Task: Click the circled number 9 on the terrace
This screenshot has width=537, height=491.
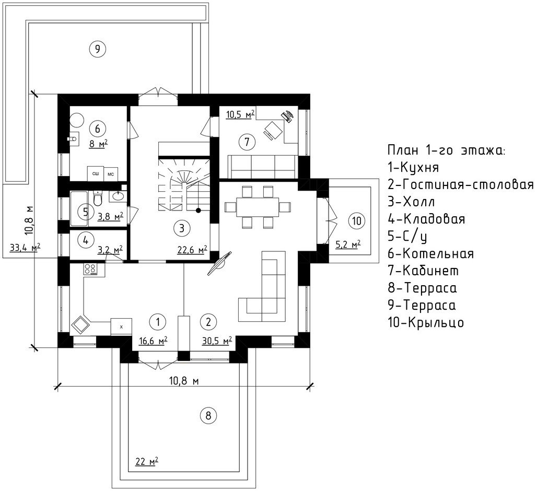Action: (x=97, y=49)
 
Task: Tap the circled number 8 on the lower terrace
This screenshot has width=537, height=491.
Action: (x=208, y=416)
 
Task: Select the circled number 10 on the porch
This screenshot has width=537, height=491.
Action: (x=356, y=220)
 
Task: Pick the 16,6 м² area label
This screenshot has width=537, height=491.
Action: (x=153, y=341)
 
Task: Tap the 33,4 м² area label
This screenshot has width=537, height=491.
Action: (x=25, y=247)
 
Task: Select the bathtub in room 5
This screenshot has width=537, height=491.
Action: (x=79, y=209)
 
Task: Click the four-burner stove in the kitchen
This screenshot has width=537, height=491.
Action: (x=90, y=268)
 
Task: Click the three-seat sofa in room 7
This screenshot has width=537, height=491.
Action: (x=263, y=167)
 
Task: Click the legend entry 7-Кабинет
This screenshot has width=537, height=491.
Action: (x=423, y=271)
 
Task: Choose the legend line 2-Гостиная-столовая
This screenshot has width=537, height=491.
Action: (x=461, y=184)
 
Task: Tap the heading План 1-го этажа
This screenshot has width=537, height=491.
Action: (x=446, y=150)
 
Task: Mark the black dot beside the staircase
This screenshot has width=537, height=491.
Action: (x=199, y=210)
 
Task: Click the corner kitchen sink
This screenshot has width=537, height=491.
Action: (x=80, y=324)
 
